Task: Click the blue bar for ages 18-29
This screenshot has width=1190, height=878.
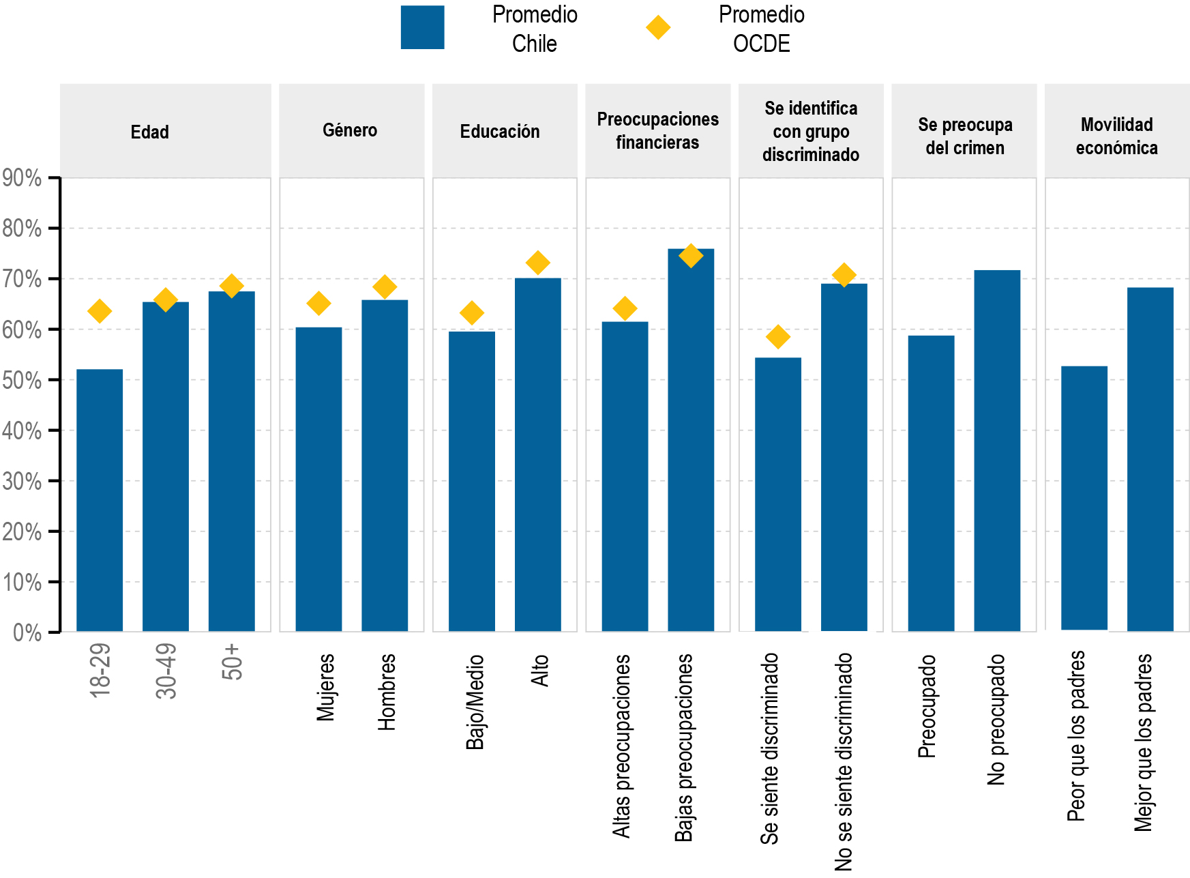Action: click(x=100, y=500)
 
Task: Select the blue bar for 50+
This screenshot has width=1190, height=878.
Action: click(x=232, y=461)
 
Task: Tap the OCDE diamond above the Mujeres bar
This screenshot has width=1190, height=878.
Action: click(x=318, y=304)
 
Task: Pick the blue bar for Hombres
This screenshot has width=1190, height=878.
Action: click(x=385, y=465)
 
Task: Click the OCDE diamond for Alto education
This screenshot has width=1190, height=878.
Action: click(x=538, y=263)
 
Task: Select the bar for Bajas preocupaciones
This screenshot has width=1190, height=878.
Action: click(x=691, y=440)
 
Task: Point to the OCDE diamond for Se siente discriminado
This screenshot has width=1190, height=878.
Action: click(x=778, y=336)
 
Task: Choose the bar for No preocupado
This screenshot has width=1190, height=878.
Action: click(x=997, y=450)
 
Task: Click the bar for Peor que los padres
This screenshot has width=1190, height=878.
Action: click(x=1084, y=498)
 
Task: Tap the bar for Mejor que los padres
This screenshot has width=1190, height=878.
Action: click(x=1150, y=459)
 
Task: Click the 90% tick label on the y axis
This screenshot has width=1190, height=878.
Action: click(x=22, y=179)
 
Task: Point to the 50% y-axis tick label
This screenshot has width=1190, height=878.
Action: click(x=22, y=381)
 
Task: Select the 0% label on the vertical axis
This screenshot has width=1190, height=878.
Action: click(x=27, y=633)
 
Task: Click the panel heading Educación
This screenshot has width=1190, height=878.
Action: click(x=500, y=132)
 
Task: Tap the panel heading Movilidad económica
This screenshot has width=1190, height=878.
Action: click(x=1117, y=136)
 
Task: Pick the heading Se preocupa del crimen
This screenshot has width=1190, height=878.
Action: click(x=965, y=136)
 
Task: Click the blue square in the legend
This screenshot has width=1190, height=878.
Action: click(x=423, y=28)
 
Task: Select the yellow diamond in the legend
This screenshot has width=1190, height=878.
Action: click(x=658, y=28)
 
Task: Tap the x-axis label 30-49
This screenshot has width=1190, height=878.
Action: click(x=166, y=671)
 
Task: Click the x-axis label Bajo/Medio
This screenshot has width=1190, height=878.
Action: click(x=475, y=702)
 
